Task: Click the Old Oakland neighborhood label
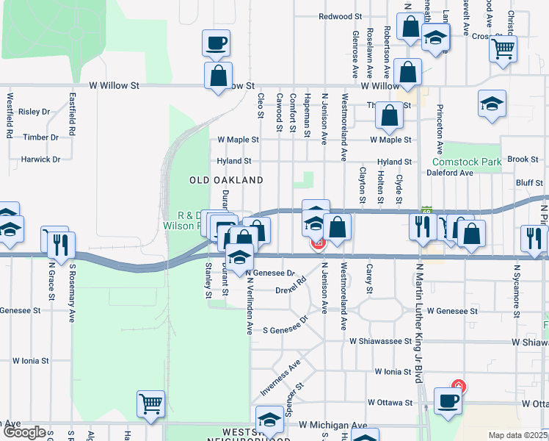pyautogui.click(x=226, y=180)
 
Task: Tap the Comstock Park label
pyautogui.click(x=466, y=161)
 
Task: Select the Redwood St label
pyautogui.click(x=341, y=16)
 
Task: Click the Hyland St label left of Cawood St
pyautogui.click(x=233, y=161)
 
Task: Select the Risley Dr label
pyautogui.click(x=34, y=112)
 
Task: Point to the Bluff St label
pyautogui.click(x=528, y=182)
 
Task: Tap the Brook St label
pyautogui.click(x=523, y=159)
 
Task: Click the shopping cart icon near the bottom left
pyautogui.click(x=150, y=403)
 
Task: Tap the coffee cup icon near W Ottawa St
pyautogui.click(x=447, y=401)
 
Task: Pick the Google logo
pyautogui.click(x=23, y=433)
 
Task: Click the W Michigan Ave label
pyautogui.click(x=332, y=426)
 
